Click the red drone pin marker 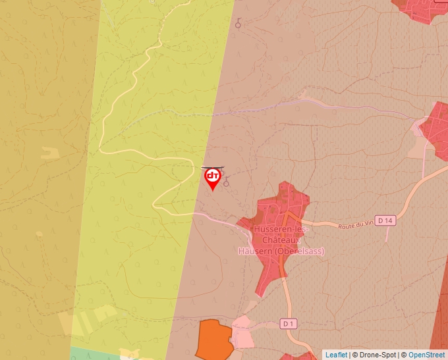coord(212,178)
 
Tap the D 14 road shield coord(386,220)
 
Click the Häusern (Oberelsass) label coord(281,251)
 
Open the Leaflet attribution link coord(336,355)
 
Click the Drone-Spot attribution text coord(374,355)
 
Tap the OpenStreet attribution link coord(426,355)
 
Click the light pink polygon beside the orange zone coord(242,332)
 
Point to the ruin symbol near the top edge coord(238,24)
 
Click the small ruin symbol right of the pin coord(227,182)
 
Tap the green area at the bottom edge coord(92,354)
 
